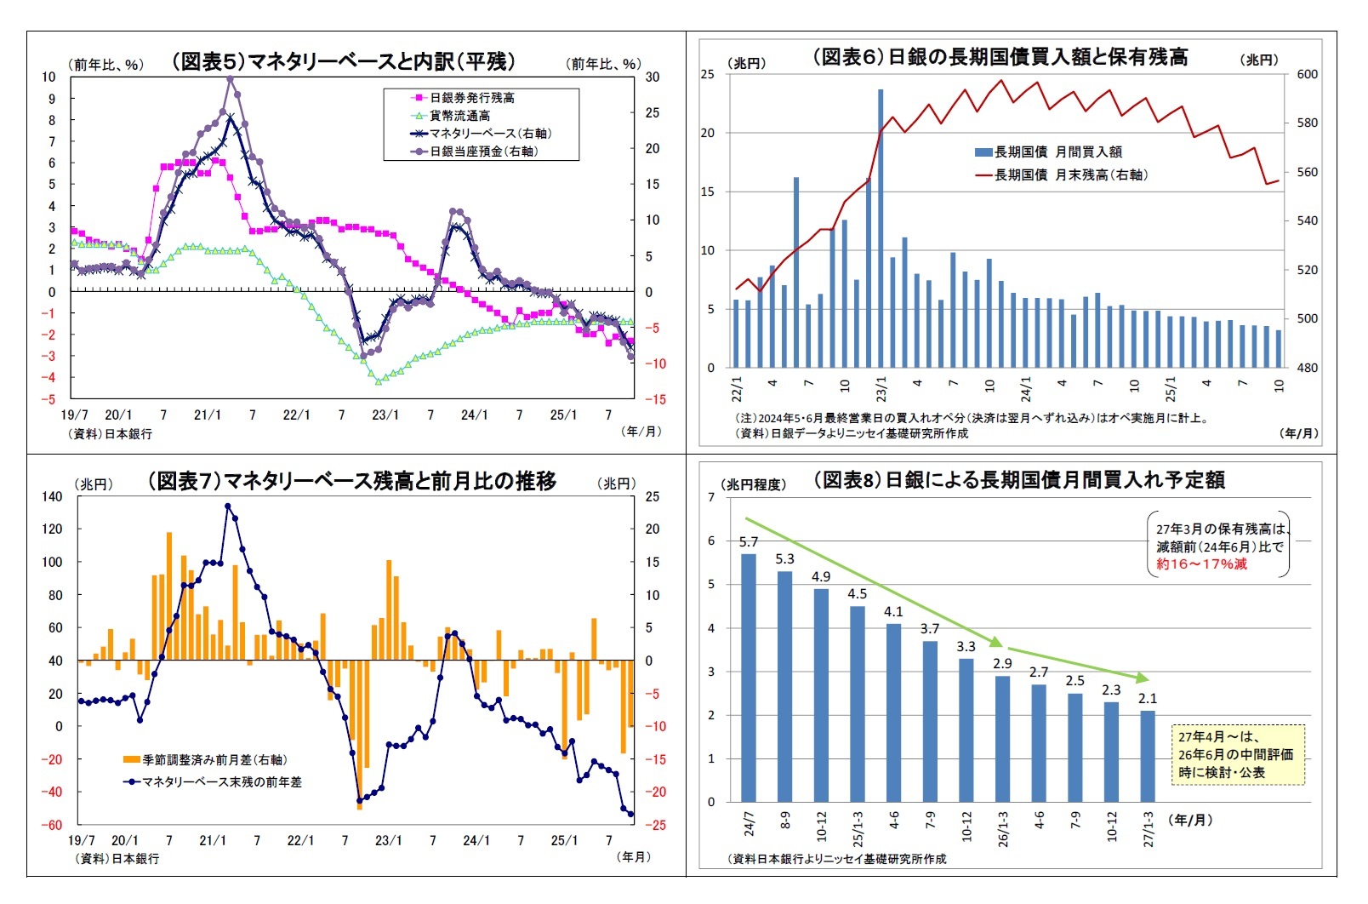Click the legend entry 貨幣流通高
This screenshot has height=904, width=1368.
[x=459, y=116]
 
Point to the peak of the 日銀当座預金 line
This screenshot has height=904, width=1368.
[x=230, y=79]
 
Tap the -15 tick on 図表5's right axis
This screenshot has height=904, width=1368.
[x=654, y=399]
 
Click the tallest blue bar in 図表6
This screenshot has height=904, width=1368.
[x=881, y=230]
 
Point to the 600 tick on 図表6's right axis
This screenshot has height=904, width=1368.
[x=1307, y=75]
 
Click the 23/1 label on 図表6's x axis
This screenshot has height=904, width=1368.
[x=881, y=389]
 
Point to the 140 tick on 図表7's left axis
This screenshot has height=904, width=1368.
[x=52, y=496]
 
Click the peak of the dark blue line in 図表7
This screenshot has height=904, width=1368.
[x=227, y=506]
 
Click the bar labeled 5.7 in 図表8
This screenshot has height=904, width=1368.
[x=749, y=677]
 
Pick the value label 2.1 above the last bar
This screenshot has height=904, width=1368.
[x=1148, y=699]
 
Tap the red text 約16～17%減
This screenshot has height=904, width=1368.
[x=1201, y=564]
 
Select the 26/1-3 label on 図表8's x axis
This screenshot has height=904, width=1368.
[x=1003, y=828]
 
